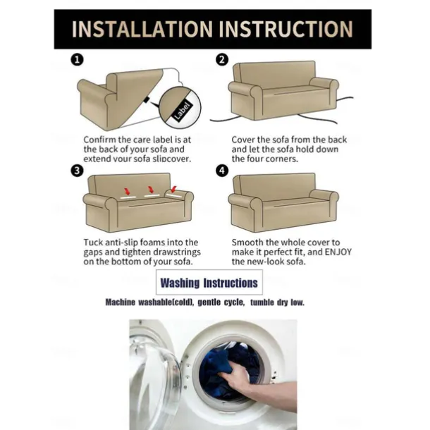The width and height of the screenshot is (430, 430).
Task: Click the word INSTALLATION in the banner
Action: [x=142, y=29]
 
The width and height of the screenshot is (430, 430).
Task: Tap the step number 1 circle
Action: [x=77, y=59]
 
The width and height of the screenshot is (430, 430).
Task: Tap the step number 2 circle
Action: [x=222, y=59]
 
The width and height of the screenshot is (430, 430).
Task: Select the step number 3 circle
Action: [x=77, y=171]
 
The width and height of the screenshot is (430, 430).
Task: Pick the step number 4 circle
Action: [x=222, y=171]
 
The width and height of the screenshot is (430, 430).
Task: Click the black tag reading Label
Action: [x=183, y=110]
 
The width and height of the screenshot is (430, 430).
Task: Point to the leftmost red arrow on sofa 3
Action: [x=128, y=191]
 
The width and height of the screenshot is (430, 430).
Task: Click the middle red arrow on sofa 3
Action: [x=151, y=190]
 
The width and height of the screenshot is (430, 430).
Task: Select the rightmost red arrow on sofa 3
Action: [x=173, y=190]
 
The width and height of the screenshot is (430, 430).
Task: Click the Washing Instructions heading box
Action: [x=209, y=282]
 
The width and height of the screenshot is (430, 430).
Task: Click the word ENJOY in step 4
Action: [x=338, y=252]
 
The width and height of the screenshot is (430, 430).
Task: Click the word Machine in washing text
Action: [x=121, y=302]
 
